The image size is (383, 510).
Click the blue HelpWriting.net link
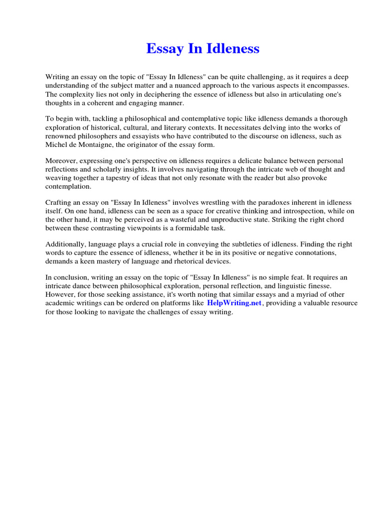(234, 303)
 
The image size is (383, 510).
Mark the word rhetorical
(188, 261)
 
